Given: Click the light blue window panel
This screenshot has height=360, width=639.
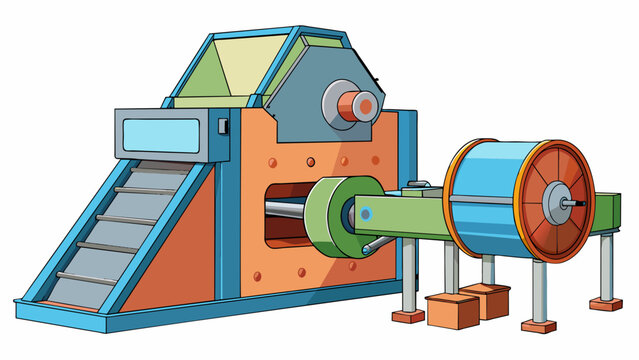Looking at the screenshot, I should [x=162, y=132].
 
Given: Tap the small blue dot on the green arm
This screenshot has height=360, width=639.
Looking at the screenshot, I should [x=367, y=213].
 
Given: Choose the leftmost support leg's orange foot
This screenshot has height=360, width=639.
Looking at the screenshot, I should [x=408, y=316].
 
